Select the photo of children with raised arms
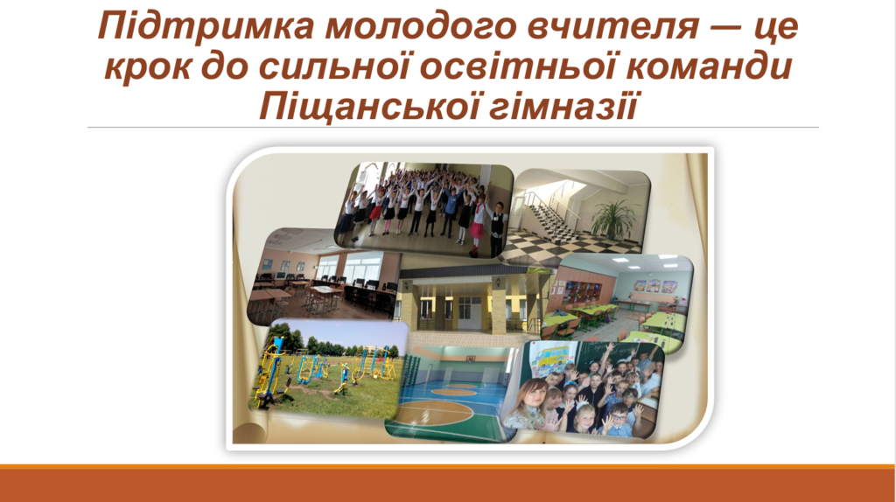(423, 209)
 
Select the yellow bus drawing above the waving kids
(550, 359)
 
